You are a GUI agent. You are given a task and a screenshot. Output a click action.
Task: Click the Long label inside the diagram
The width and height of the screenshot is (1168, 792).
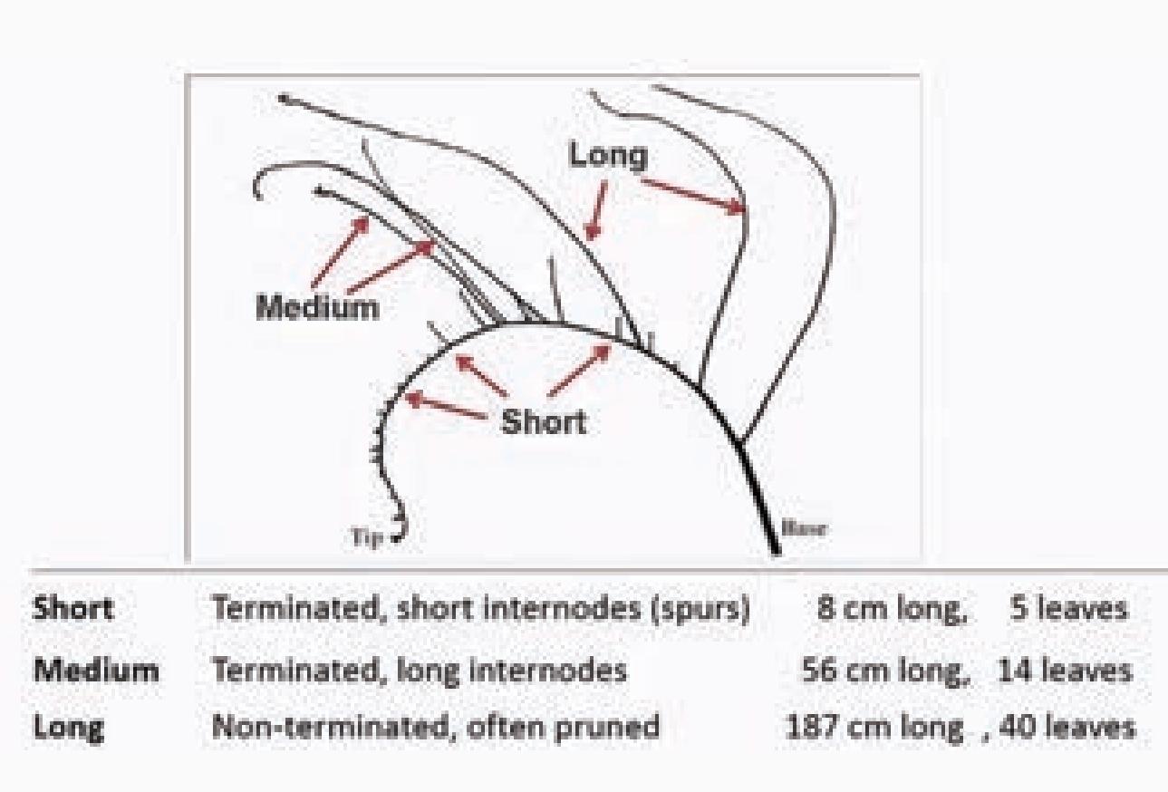(609, 156)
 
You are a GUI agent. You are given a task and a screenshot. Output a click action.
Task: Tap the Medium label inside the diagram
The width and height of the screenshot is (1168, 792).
(317, 307)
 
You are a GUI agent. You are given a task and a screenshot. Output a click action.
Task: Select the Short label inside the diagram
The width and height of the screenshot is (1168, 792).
(544, 422)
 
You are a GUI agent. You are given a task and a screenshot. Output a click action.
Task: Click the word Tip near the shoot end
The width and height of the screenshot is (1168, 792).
(367, 537)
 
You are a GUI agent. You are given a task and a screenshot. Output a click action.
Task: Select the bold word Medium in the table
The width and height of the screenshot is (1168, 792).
(96, 671)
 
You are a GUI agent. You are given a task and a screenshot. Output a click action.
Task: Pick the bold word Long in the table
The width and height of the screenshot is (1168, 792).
(68, 728)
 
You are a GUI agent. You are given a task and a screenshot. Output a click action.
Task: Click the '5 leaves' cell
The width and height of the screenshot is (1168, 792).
(1069, 608)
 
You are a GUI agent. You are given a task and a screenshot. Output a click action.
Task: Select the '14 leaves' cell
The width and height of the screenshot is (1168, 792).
(1065, 671)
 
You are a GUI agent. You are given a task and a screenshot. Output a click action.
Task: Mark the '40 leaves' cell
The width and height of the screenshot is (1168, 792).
(1065, 728)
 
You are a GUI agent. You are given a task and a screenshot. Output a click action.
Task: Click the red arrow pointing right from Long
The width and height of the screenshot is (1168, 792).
(693, 195)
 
